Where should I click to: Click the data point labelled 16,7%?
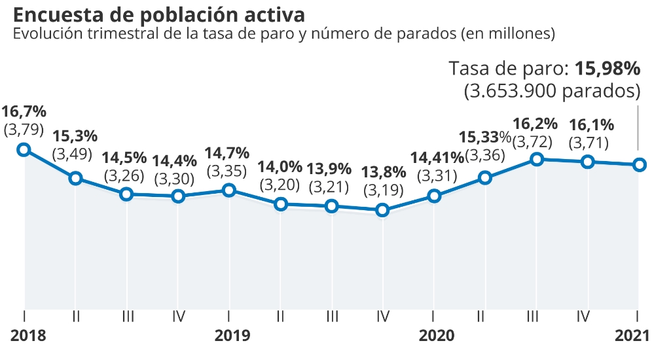pos(24,149)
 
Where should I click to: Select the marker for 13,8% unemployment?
pos(383,210)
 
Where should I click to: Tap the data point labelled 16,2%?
pos(536,159)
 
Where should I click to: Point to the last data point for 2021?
pos(639,164)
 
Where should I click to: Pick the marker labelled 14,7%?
pos(229,190)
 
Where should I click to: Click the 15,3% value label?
pos(75,136)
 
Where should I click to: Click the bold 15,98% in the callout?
pos(607,69)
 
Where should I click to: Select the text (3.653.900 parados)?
pos(552,91)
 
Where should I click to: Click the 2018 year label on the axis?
pos(29,336)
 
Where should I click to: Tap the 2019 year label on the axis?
pos(232,336)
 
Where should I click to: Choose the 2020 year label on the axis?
pos(436,336)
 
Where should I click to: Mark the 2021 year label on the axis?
pos(632,336)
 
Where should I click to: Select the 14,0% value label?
pos(280,166)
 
